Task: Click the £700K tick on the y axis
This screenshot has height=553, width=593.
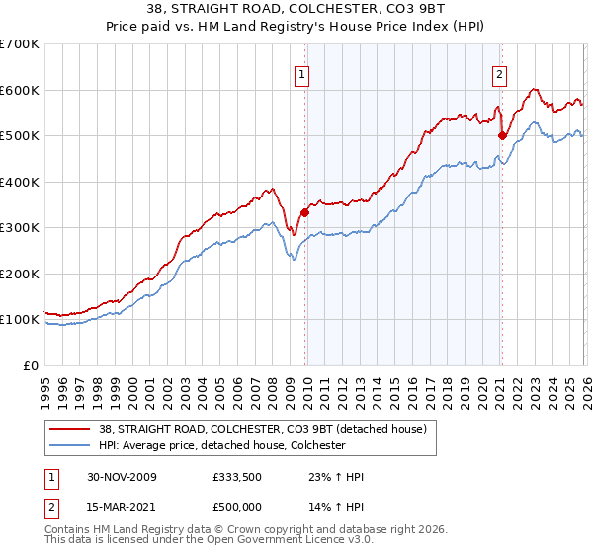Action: tap(20, 44)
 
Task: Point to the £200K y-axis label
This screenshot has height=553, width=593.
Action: tap(20, 274)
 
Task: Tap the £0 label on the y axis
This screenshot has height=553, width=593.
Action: tap(32, 365)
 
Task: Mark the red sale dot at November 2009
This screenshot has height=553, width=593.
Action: tap(304, 212)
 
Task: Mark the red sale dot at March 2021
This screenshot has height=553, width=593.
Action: tap(502, 136)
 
